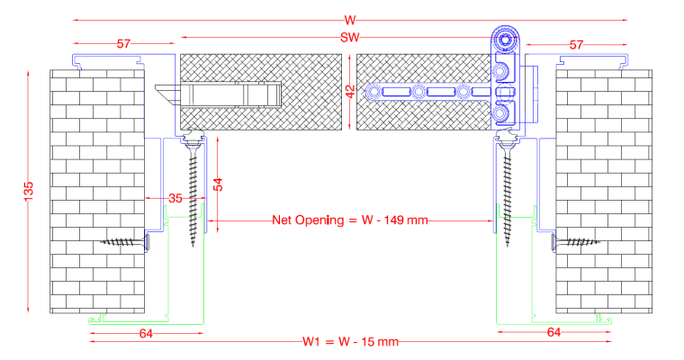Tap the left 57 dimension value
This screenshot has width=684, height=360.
(124, 43)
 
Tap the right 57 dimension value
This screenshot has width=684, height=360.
(576, 43)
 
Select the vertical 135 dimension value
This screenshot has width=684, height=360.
(29, 192)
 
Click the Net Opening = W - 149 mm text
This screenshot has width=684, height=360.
(350, 220)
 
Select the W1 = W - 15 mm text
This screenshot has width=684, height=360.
(350, 342)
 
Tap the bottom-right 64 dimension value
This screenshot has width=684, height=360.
(554, 333)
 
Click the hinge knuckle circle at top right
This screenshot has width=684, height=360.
(506, 40)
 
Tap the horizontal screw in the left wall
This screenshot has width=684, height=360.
(126, 241)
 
